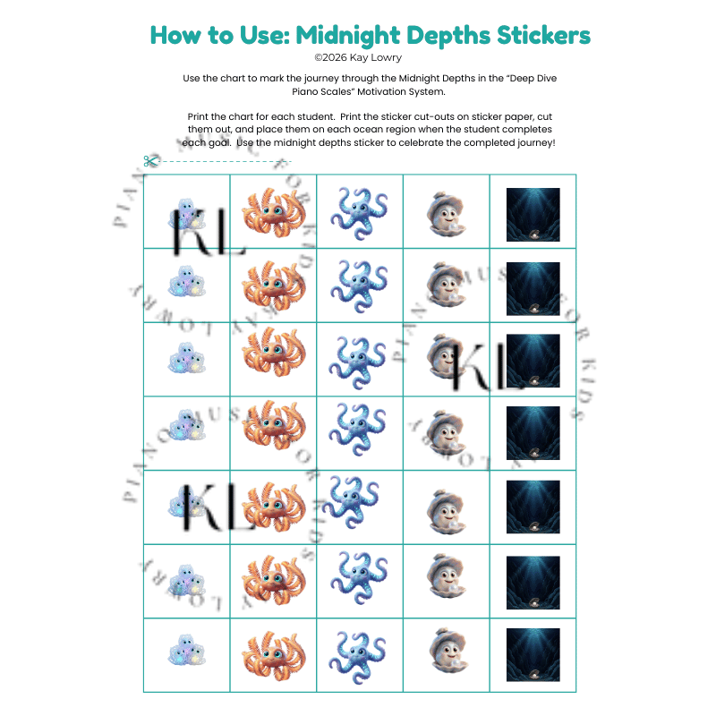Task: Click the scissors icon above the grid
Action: click(149, 161)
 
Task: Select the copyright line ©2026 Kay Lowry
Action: click(358, 57)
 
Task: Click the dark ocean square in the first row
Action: click(533, 215)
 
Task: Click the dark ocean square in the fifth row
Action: click(533, 507)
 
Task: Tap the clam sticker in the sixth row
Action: click(445, 580)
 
